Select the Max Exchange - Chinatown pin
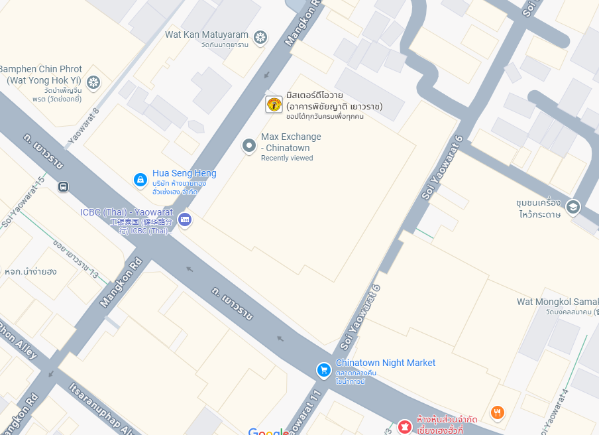pyautogui.click(x=249, y=145)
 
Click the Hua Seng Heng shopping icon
pyautogui.click(x=140, y=179)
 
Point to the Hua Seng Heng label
pyautogui.click(x=184, y=174)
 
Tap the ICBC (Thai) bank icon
pyautogui.click(x=185, y=219)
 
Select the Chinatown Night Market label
pyautogui.click(x=386, y=363)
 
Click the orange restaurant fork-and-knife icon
pyautogui.click(x=498, y=412)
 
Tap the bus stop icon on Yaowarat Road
pyautogui.click(x=63, y=187)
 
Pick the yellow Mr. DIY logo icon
pyautogui.click(x=274, y=105)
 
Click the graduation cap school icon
pyautogui.click(x=573, y=208)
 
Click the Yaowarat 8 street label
pyautogui.click(x=83, y=126)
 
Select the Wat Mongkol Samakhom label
pyautogui.click(x=557, y=302)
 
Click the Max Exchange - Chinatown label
pyautogui.click(x=291, y=142)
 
